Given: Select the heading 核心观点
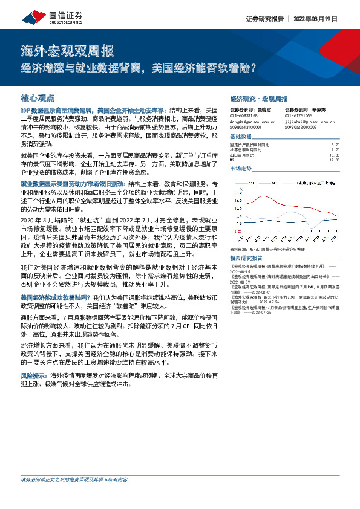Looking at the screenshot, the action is coord(37,97).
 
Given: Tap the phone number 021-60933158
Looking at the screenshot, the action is coord(244,115).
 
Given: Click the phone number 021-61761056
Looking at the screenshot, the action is coord(298,115).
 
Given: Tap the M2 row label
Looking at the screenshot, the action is coord(233,160).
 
